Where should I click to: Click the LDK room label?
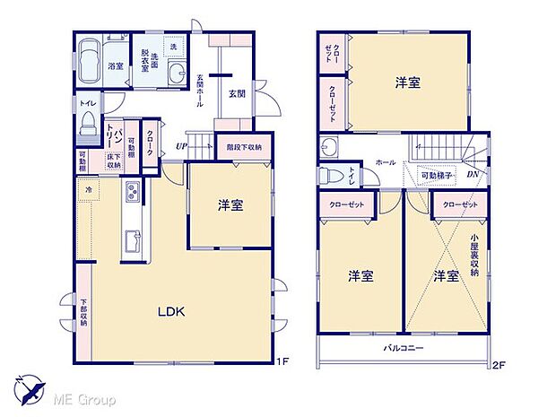point(171,312)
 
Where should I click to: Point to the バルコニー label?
point(404,346)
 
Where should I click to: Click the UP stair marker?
point(180,145)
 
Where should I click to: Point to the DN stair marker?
point(472,174)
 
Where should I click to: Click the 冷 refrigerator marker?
point(89,190)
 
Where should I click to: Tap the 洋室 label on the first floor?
point(230,206)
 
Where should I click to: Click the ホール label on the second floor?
point(385,163)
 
